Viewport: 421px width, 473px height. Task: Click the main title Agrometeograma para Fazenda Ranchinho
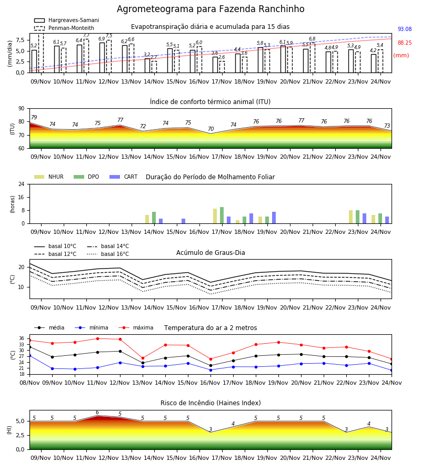click(x=210, y=9)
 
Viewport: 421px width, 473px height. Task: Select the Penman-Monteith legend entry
click(x=64, y=28)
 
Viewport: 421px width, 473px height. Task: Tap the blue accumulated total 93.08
click(x=405, y=29)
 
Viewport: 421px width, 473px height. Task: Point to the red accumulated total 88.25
click(x=405, y=43)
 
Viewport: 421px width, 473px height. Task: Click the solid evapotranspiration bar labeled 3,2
click(x=147, y=66)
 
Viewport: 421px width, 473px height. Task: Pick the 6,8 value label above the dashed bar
click(x=312, y=38)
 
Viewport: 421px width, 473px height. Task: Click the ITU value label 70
click(x=210, y=129)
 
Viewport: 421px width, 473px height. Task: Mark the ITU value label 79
click(x=34, y=117)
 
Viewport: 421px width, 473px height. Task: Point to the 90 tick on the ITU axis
click(x=22, y=108)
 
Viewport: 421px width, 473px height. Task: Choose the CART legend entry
click(x=124, y=177)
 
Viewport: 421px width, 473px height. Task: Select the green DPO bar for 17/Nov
click(x=222, y=215)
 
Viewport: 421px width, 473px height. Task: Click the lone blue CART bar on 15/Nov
click(x=183, y=221)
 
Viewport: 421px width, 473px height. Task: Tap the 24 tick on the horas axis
click(x=22, y=184)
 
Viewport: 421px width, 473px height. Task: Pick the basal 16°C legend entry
click(x=108, y=254)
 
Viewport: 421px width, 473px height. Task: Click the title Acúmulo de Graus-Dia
click(x=210, y=252)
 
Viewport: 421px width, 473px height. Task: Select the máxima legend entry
click(x=136, y=327)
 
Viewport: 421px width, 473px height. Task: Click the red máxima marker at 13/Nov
click(x=143, y=358)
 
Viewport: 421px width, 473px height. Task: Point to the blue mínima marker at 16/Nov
click(x=211, y=370)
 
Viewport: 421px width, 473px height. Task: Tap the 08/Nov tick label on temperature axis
click(x=29, y=383)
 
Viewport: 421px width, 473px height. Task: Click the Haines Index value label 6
click(x=97, y=413)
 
